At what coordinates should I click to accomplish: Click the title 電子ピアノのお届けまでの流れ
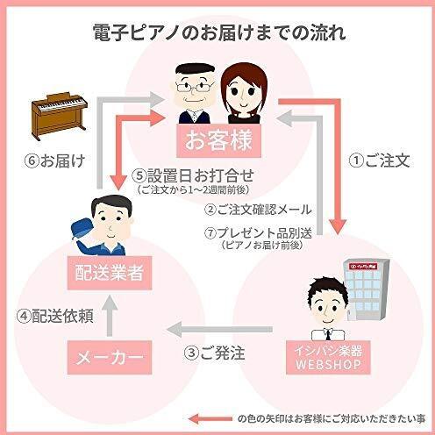[x=219, y=32]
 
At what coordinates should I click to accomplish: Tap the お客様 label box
[x=218, y=140]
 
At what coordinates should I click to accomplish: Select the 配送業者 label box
[x=110, y=273]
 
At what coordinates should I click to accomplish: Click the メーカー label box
[x=110, y=357]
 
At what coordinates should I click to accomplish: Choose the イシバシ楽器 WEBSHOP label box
[x=328, y=357]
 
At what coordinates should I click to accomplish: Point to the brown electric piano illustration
[x=60, y=116]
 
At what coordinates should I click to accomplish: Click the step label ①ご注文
[x=379, y=160]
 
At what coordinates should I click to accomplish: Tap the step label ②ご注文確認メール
[x=258, y=210]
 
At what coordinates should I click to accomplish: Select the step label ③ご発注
[x=214, y=353]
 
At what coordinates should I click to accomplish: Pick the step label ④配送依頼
[x=55, y=316]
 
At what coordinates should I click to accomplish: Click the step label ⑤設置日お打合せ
[x=193, y=175]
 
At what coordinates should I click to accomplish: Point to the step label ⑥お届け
[x=55, y=160]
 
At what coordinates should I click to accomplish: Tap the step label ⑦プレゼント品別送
[x=258, y=233]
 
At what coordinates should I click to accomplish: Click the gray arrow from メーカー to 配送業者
[x=110, y=315]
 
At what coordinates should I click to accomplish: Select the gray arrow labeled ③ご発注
[x=220, y=330]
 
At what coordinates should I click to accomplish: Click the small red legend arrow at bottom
[x=210, y=419]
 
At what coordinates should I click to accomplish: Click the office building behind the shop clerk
[x=367, y=289]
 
